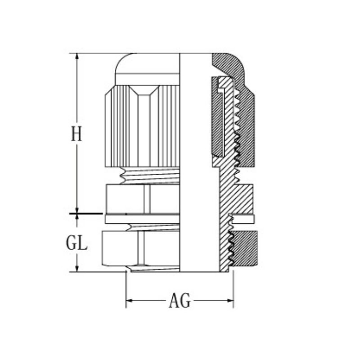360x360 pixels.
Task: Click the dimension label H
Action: [76, 134]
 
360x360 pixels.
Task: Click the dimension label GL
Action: [76, 243]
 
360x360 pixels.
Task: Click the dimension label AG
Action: [180, 301]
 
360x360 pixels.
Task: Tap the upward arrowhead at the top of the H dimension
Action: [77, 57]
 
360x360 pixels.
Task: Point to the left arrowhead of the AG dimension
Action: [130, 301]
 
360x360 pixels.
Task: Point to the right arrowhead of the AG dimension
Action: [230, 301]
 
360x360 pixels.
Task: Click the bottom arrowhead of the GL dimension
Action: [77, 268]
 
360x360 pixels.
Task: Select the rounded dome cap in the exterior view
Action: [148, 69]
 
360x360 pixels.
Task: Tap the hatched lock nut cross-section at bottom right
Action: [244, 248]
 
